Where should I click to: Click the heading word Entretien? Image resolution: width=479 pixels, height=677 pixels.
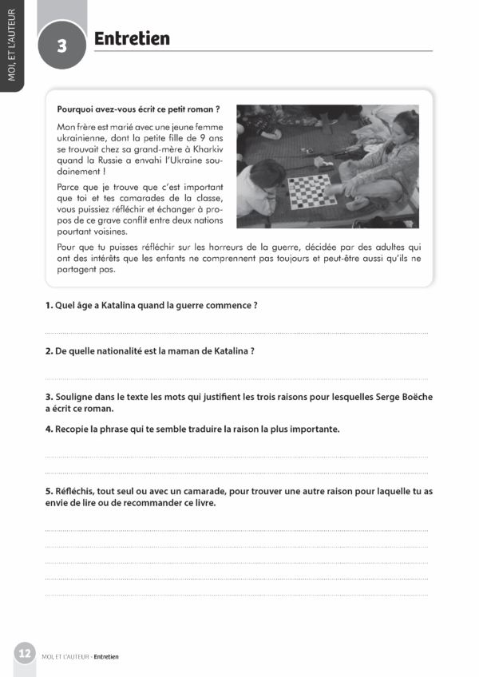(132, 38)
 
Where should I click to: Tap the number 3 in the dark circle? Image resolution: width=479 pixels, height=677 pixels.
(62, 46)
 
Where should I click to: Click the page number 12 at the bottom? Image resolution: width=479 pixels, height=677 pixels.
(25, 653)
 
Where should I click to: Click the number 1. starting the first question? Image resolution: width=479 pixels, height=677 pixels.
(49, 306)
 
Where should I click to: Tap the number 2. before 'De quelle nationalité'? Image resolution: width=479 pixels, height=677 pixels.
(49, 350)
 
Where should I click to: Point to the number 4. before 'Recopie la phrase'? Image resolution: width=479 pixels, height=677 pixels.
(49, 429)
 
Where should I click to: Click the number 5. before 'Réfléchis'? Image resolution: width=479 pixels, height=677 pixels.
(49, 491)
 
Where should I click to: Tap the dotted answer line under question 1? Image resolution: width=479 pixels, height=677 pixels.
(236, 333)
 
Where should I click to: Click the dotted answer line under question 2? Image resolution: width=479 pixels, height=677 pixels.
(236, 378)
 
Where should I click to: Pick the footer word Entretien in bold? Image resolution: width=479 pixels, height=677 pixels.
(106, 657)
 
